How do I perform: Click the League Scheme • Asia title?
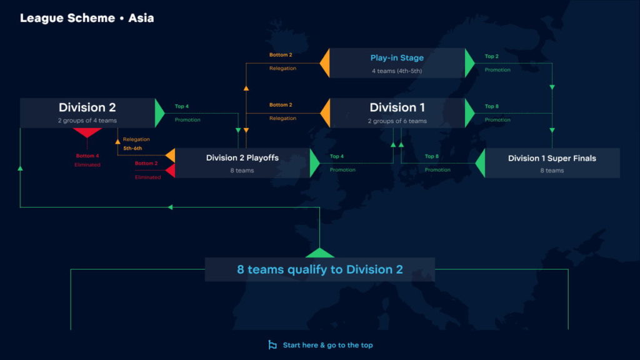tap(87, 18)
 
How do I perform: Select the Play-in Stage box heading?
tap(397, 58)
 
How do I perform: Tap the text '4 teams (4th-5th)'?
tap(397, 71)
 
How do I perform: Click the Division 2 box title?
tap(87, 107)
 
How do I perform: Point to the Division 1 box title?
tap(397, 107)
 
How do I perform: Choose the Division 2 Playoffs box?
tap(242, 163)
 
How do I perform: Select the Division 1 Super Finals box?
tap(552, 163)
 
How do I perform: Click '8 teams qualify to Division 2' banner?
tap(320, 269)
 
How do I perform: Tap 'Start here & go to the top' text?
tap(327, 345)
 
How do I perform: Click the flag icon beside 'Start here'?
tap(272, 345)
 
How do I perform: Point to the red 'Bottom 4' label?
tap(87, 156)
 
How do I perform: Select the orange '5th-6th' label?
tap(132, 149)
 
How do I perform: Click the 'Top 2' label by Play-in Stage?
tap(491, 56)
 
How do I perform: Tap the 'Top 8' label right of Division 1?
tap(491, 106)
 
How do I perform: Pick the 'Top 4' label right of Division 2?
tap(182, 106)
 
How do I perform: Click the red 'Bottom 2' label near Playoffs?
tap(146, 163)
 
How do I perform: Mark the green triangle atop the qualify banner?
tap(320, 253)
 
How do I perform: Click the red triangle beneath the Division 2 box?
tap(87, 132)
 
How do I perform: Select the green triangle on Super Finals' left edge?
tap(481, 163)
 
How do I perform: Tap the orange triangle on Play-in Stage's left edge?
tap(325, 63)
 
